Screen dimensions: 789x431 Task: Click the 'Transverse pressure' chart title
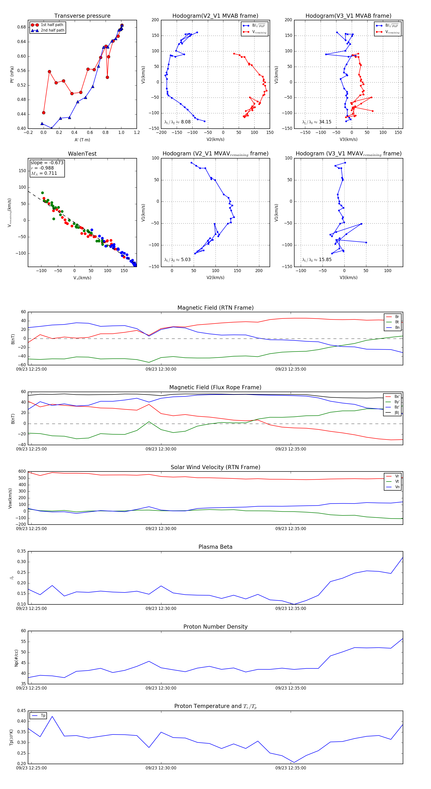82,16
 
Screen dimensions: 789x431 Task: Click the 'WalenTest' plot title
82,154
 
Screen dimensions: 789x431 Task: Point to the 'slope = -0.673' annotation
47,163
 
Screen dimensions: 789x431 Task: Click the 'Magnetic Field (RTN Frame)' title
215,308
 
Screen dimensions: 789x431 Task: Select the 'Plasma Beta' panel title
215,547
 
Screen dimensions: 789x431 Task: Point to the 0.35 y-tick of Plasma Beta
22,551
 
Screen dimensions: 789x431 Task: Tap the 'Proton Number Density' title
215,627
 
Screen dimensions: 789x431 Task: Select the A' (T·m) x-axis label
82,140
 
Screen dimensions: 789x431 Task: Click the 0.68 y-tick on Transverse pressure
22,27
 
